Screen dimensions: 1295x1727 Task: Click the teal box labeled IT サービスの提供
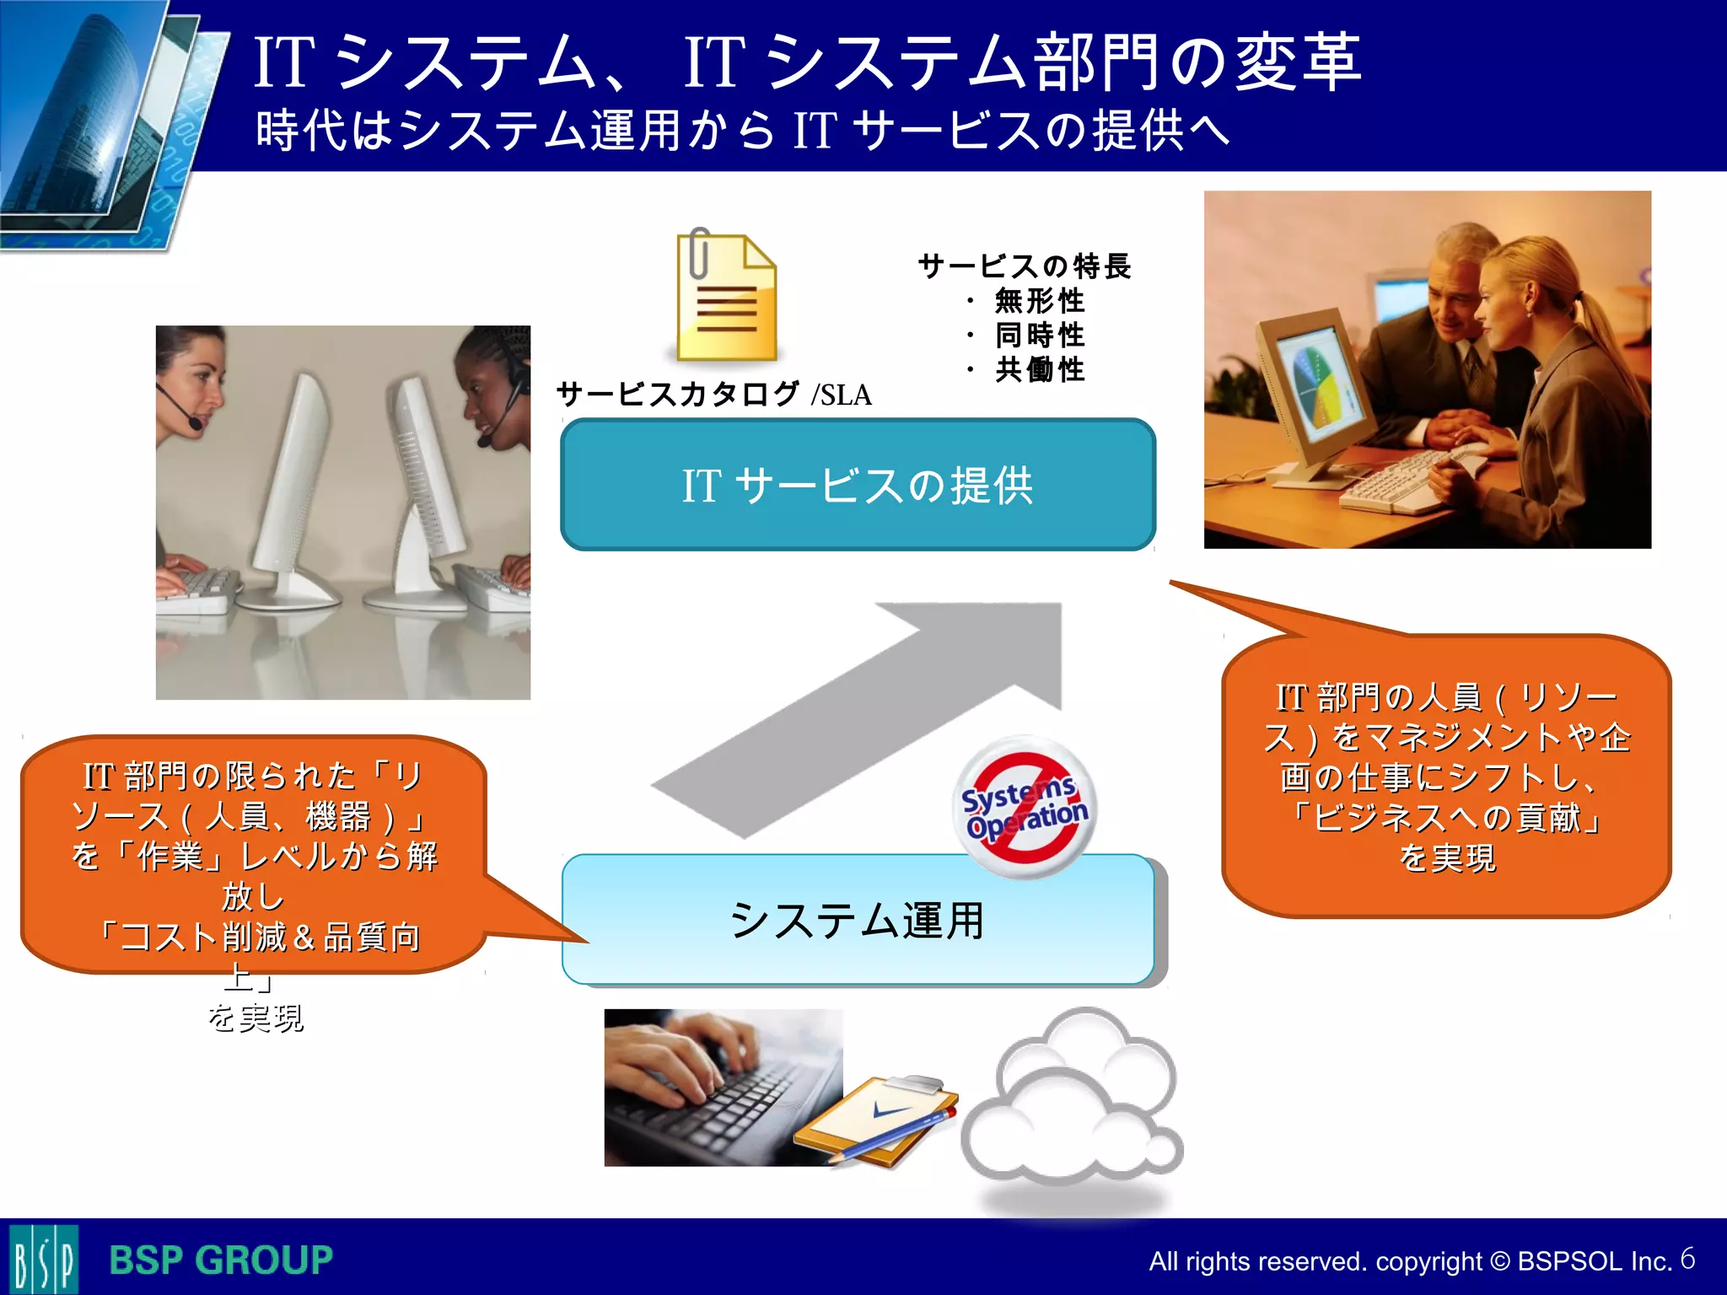pos(858,485)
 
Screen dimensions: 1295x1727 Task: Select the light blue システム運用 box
pos(858,919)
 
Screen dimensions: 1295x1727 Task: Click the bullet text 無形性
pos(1039,301)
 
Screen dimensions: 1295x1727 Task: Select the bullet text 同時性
pos(1039,336)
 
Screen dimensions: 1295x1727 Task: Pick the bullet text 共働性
pos(1039,369)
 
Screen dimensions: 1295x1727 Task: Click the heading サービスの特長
pos(1024,266)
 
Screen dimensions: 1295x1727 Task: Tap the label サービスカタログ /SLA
pos(713,394)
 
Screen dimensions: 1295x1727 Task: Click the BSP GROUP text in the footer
pos(221,1260)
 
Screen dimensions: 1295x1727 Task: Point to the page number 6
pos(1687,1259)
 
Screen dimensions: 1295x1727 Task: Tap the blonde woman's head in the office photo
pos(1518,287)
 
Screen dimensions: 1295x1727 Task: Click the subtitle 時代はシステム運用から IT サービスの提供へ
pos(742,131)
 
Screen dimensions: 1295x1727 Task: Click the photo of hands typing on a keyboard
pos(723,1087)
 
